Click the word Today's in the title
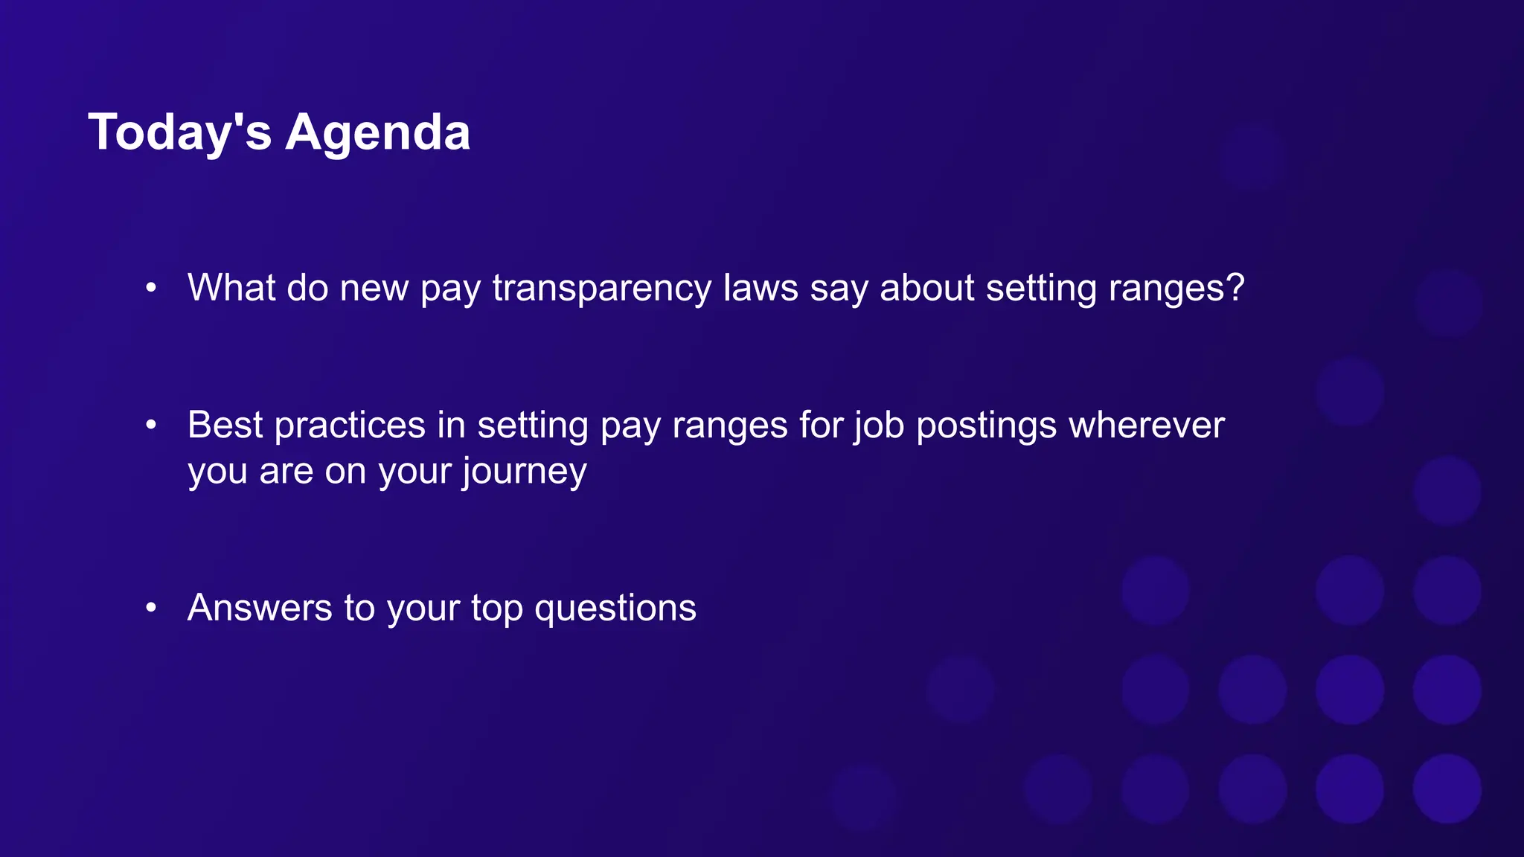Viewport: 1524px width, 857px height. tap(179, 132)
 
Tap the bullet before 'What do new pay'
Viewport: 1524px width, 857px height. tap(151, 287)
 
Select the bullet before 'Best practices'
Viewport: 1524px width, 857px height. tap(151, 425)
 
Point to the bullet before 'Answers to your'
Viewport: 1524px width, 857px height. tap(151, 608)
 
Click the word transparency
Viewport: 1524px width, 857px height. tap(601, 289)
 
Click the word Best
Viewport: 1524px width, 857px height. tap(225, 425)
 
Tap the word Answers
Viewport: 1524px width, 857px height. tap(260, 608)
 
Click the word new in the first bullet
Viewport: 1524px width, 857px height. tap(374, 289)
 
